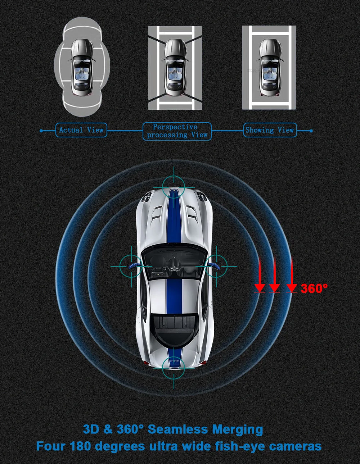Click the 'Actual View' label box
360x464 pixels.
click(81, 130)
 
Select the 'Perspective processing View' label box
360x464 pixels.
click(177, 131)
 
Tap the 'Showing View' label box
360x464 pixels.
click(270, 130)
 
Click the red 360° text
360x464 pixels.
click(314, 288)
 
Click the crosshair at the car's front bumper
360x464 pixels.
click(174, 187)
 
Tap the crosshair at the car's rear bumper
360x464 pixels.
click(174, 368)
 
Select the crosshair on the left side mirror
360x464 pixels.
click(130, 266)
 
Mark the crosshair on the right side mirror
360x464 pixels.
click(217, 266)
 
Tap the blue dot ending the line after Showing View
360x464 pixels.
click(311, 131)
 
